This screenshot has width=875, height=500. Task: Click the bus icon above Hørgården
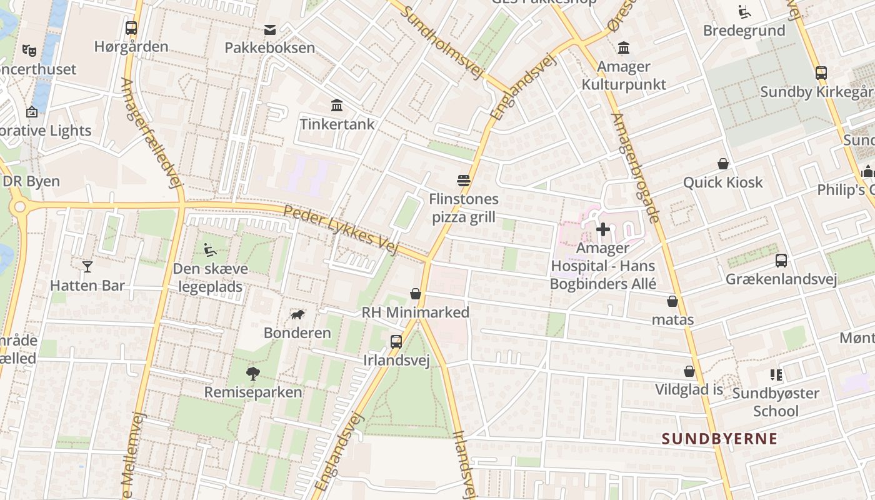131,28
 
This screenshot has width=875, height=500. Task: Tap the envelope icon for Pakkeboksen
270,30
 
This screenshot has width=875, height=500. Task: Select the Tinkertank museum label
337,124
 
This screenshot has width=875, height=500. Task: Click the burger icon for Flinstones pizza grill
464,181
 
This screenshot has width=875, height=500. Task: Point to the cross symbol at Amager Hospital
603,230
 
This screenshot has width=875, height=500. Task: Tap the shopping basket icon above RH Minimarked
416,294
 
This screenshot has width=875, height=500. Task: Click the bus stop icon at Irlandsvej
396,342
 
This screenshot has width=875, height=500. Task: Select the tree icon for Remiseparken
253,374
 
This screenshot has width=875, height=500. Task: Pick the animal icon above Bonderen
297,314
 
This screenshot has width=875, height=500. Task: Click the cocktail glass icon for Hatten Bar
87,267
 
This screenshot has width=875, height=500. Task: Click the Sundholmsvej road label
444,43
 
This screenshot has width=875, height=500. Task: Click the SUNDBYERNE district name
719,439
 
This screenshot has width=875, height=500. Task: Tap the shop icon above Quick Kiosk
723,164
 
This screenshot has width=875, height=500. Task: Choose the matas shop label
672,320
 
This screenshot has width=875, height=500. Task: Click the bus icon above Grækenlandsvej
781,261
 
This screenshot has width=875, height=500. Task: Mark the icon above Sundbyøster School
776,375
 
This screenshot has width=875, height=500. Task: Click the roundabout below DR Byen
19,206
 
